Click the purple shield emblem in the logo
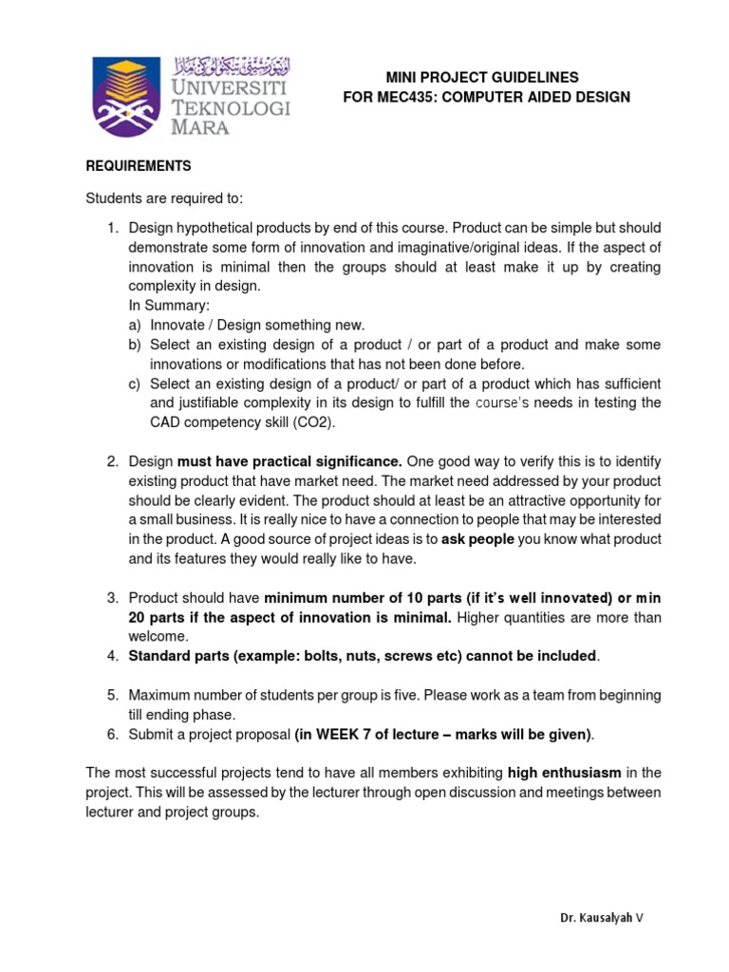tap(127, 97)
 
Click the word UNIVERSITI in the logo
tap(229, 86)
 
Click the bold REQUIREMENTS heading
tap(139, 166)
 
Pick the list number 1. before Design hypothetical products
tap(112, 229)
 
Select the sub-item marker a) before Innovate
tap(135, 325)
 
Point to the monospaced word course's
tap(508, 402)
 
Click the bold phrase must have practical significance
tap(290, 461)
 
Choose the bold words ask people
tap(477, 539)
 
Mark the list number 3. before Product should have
tap(112, 598)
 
